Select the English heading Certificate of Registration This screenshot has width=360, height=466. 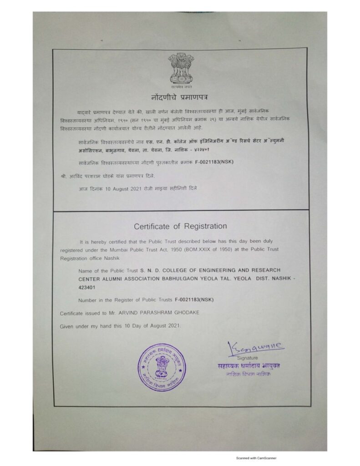tap(180, 226)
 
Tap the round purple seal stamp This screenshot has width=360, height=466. tap(162, 365)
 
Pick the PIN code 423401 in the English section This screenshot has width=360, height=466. tap(86, 288)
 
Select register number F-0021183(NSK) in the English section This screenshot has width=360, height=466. tap(194, 300)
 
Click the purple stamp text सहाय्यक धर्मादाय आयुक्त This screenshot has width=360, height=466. tap(248, 366)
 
